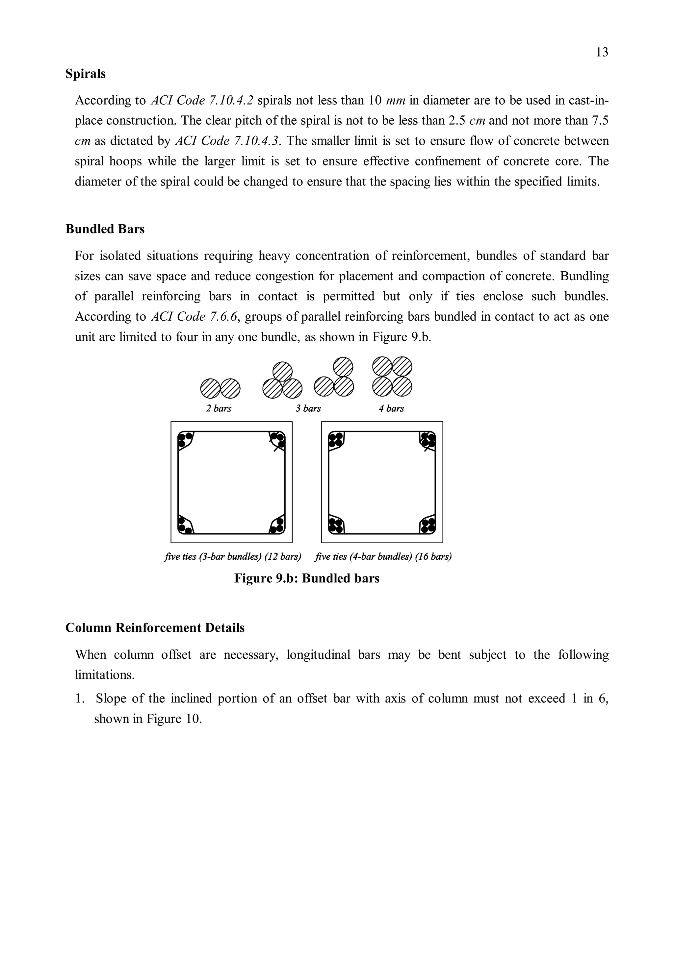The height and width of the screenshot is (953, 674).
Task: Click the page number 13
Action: pos(602,52)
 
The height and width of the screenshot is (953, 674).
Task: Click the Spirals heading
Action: pos(86,74)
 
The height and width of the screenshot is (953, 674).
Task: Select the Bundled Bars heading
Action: pos(105,229)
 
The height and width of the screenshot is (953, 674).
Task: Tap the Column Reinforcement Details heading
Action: pos(155,627)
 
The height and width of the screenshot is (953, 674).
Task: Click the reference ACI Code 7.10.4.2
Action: pos(202,100)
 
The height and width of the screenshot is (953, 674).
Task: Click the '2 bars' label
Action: pos(219,408)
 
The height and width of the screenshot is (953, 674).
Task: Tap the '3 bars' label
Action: pos(308,408)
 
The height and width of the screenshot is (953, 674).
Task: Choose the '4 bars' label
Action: pos(391,408)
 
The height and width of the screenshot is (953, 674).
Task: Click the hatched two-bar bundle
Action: pos(220,388)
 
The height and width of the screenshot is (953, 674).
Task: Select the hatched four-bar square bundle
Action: pos(392,377)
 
